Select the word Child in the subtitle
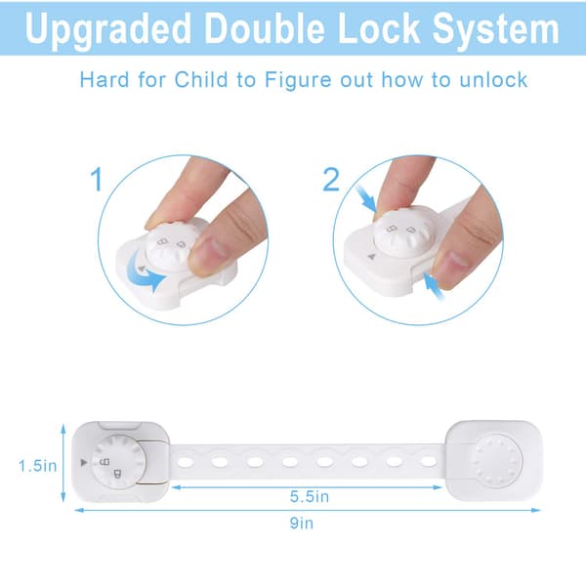[201, 80]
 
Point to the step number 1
[97, 179]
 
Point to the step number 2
[331, 180]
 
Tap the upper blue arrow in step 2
[366, 198]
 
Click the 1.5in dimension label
[38, 466]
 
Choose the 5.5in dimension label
[310, 497]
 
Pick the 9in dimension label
[302, 523]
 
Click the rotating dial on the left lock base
[118, 462]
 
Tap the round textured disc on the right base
[498, 461]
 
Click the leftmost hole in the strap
[186, 462]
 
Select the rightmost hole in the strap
[429, 462]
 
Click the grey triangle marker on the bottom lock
[84, 462]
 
